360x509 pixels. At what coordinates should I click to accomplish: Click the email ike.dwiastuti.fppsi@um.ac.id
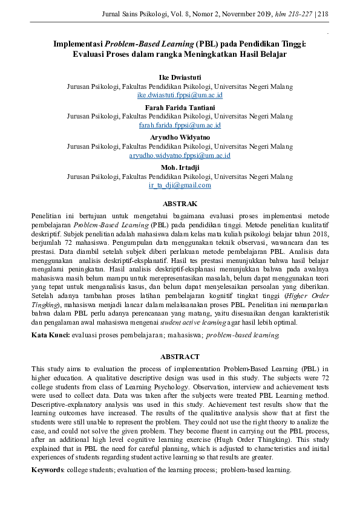[x=180, y=96]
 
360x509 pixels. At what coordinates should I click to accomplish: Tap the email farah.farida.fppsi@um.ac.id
[x=180, y=126]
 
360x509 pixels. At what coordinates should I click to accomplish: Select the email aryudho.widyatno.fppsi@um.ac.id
[x=180, y=155]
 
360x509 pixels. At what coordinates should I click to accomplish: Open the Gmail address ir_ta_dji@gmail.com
[x=180, y=186]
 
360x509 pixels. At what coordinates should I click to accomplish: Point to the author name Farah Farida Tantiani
[x=180, y=108]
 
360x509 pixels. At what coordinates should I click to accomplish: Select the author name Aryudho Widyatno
[x=180, y=137]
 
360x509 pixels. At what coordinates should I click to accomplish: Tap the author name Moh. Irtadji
[x=180, y=167]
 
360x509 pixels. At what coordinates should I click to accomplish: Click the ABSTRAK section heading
[x=180, y=204]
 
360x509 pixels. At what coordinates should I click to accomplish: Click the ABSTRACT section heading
[x=180, y=357]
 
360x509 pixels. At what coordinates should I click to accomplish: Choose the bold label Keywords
[x=49, y=470]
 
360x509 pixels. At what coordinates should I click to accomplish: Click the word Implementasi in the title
[x=78, y=44]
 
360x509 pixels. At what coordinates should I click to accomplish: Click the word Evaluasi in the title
[x=91, y=54]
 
